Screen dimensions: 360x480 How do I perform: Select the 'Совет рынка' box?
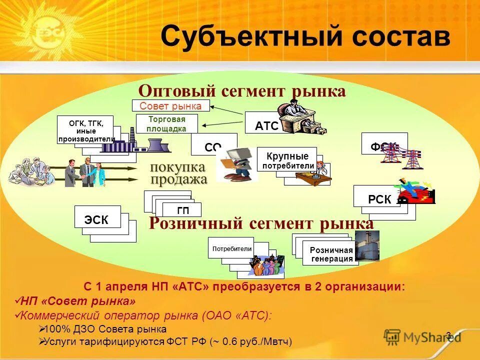pyautogui.click(x=170, y=105)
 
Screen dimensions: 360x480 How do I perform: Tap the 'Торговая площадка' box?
pyautogui.click(x=167, y=123)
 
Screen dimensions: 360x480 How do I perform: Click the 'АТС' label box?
pyautogui.click(x=266, y=125)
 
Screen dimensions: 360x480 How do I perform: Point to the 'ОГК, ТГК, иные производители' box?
pyautogui.click(x=85, y=129)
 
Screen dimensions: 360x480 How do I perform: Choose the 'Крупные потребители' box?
pyautogui.click(x=286, y=160)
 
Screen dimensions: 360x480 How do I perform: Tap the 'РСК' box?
pyautogui.click(x=378, y=198)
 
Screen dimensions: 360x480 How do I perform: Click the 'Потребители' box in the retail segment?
pyautogui.click(x=231, y=247)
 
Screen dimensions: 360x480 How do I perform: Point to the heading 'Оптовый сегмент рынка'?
pyautogui.click(x=242, y=91)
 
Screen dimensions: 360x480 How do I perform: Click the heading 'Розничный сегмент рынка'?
pyautogui.click(x=261, y=223)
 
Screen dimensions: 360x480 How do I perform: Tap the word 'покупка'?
pyautogui.click(x=178, y=167)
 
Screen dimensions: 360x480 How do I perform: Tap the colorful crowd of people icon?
pyautogui.click(x=264, y=266)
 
